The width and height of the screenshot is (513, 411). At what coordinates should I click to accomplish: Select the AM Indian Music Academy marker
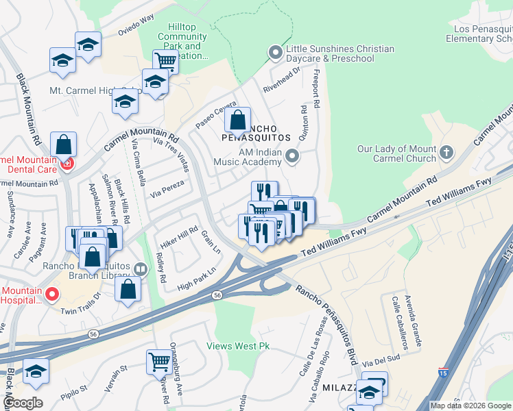293,157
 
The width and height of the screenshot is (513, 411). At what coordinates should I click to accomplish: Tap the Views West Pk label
238,347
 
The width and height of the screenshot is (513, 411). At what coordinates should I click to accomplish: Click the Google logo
22,403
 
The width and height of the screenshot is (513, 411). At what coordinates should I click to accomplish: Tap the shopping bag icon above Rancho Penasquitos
237,121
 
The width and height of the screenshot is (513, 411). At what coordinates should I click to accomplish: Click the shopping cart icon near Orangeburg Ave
159,360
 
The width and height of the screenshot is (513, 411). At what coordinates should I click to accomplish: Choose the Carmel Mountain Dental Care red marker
67,164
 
